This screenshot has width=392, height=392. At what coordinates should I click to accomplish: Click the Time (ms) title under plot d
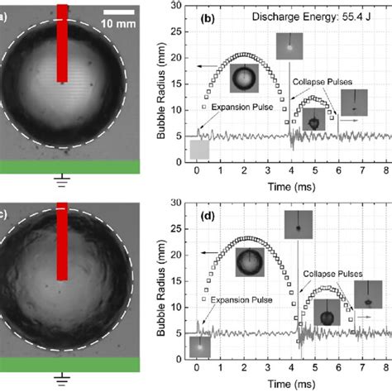[293, 385]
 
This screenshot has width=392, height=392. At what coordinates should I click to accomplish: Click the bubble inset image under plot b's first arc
[243, 79]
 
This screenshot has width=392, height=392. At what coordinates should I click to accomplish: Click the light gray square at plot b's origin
[199, 150]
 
